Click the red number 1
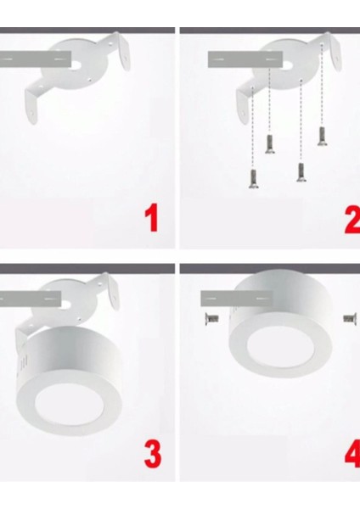[x=151, y=218]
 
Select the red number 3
[x=152, y=455]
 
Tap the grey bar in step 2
[x=245, y=59]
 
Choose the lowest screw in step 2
[x=251, y=177]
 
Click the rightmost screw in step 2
[x=323, y=136]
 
